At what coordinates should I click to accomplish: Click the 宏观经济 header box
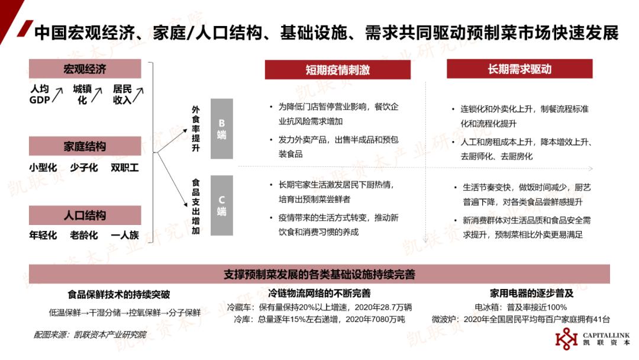[x=85, y=69]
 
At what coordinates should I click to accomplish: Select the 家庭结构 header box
[x=85, y=146]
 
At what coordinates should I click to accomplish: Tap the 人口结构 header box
[x=85, y=215]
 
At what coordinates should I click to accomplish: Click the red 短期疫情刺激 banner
[x=337, y=69]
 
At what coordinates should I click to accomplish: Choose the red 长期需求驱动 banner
[x=519, y=69]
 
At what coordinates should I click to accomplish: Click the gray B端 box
[x=222, y=128]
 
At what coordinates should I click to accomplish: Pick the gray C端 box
[x=222, y=205]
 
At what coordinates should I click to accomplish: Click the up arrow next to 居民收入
[x=138, y=95]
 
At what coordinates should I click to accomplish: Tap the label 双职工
[x=125, y=168]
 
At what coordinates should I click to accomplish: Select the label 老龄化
[x=84, y=235]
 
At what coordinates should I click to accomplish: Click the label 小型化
[x=43, y=168]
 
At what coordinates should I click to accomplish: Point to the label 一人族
[x=125, y=235]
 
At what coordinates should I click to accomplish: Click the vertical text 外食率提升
[x=196, y=128]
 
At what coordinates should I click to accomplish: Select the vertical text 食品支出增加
[x=196, y=207]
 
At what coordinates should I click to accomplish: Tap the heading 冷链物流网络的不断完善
[x=319, y=293]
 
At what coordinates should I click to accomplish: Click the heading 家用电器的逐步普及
[x=531, y=293]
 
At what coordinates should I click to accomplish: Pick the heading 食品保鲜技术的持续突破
[x=118, y=294]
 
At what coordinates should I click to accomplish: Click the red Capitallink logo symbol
[x=566, y=339]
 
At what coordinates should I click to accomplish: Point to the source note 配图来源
[x=90, y=335]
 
